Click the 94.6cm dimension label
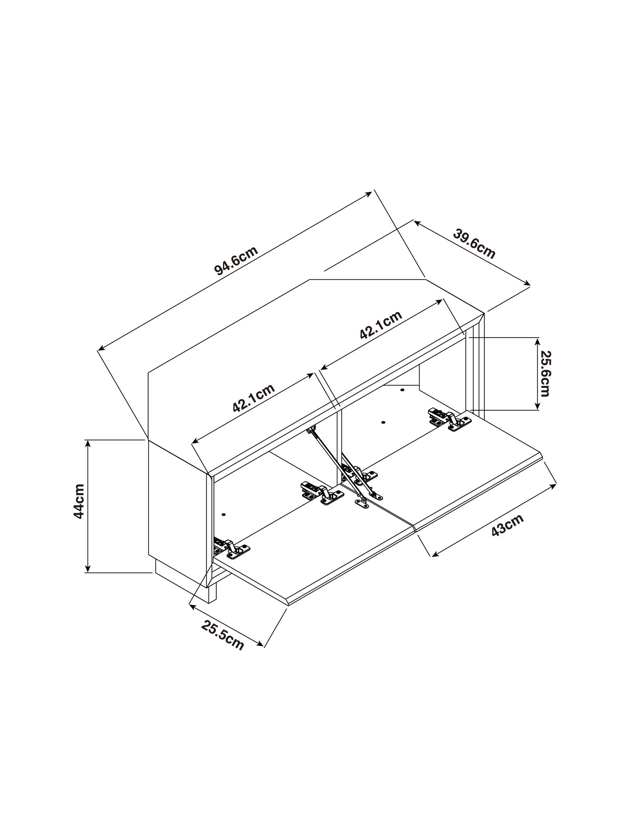tap(236, 261)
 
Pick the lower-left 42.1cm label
tap(253, 398)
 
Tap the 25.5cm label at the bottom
tap(222, 635)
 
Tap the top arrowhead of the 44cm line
tap(88, 443)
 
